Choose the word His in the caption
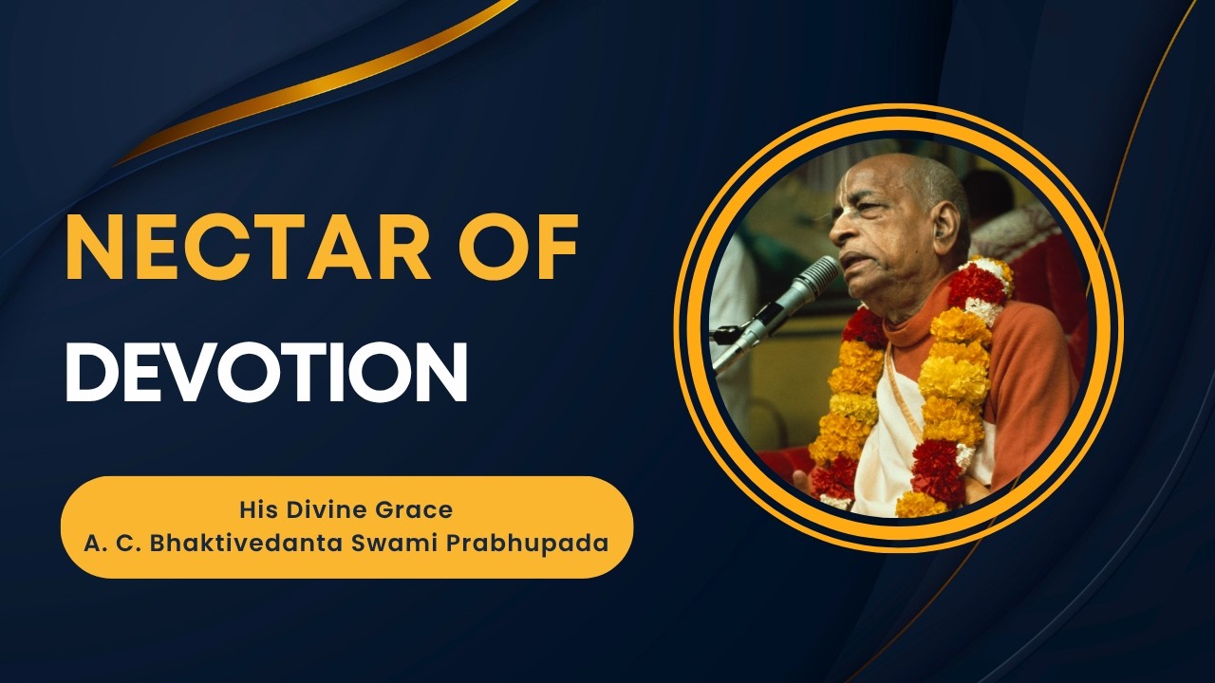click(256, 509)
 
